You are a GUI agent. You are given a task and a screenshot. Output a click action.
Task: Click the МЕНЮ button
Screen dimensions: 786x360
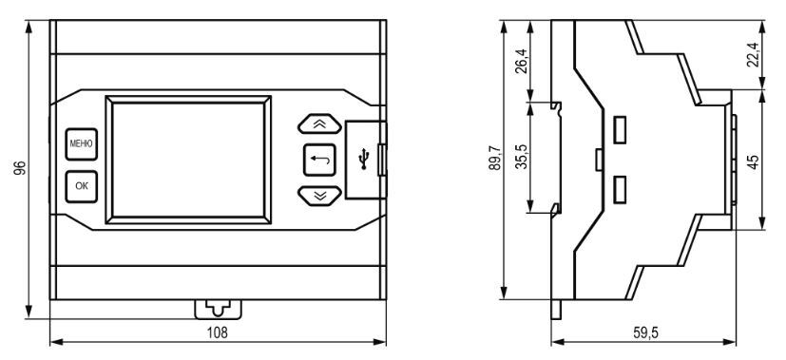click(x=81, y=144)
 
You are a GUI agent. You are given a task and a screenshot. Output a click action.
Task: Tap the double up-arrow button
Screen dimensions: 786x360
click(x=319, y=123)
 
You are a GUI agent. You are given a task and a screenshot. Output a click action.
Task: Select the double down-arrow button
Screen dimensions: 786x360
click(x=319, y=196)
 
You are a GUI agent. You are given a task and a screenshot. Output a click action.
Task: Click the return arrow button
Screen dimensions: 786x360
click(x=319, y=161)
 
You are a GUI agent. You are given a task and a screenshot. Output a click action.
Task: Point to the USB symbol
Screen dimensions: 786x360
click(x=364, y=161)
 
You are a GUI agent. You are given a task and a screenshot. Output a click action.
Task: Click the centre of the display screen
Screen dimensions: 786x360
click(x=188, y=161)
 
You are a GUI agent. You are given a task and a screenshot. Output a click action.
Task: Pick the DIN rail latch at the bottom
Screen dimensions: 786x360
click(x=218, y=309)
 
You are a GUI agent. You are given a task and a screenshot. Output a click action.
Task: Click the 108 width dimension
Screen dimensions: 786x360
click(x=217, y=332)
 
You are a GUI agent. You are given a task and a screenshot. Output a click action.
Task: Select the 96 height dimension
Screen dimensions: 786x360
click(x=20, y=168)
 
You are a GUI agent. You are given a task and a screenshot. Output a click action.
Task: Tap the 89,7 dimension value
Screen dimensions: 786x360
click(x=495, y=158)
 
